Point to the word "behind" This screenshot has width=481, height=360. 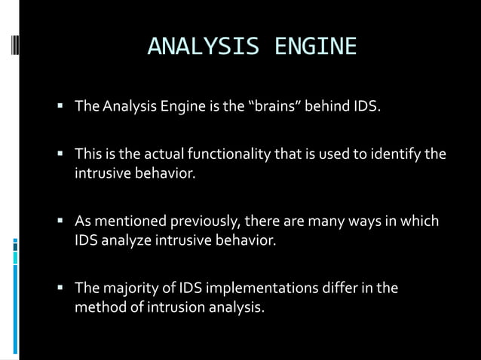[x=329, y=111]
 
